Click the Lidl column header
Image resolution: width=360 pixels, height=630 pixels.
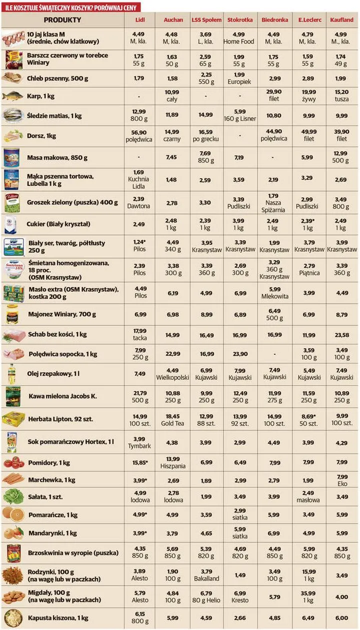[140, 20]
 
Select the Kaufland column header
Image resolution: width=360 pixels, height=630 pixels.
[341, 20]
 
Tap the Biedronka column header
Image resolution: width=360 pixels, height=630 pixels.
[274, 20]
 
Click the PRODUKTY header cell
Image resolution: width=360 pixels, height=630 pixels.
[62, 20]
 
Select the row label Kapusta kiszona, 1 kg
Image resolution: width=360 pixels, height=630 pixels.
[58, 618]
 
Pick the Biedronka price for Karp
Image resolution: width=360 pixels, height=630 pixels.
[274, 95]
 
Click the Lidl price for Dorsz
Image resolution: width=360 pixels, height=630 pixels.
[140, 136]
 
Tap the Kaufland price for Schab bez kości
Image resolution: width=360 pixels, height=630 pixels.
[341, 335]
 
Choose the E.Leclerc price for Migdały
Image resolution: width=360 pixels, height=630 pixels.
[308, 597]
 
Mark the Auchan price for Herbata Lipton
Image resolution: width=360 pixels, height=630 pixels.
[173, 420]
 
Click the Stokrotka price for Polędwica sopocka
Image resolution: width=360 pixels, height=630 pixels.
[239, 354]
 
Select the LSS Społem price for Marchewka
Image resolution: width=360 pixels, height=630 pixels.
[206, 481]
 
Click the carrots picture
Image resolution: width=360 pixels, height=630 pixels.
[13, 480]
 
